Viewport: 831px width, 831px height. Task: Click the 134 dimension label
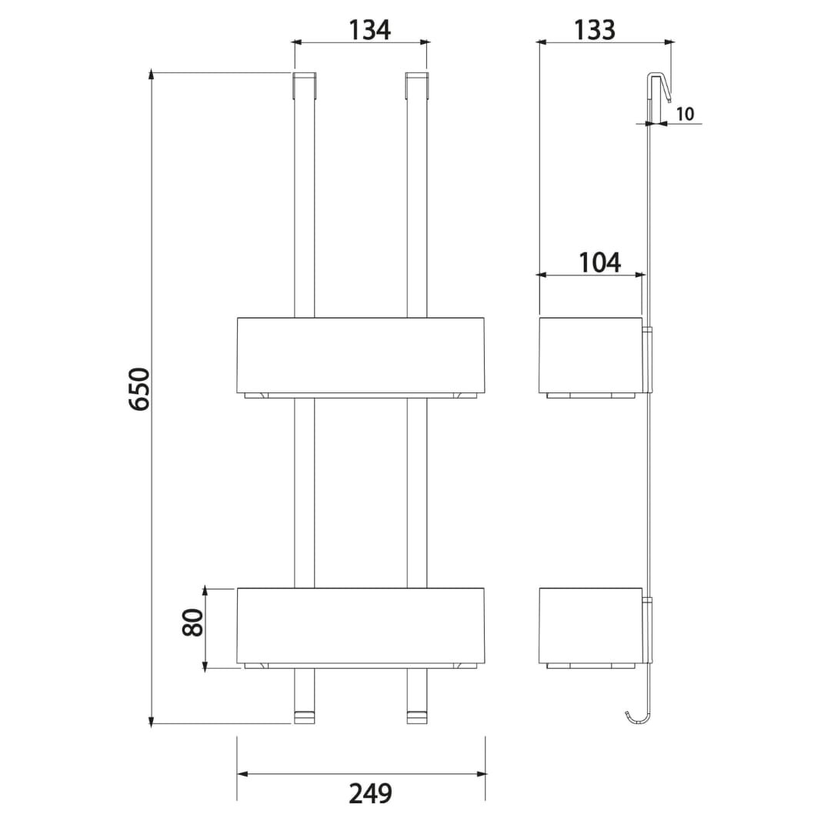click(x=369, y=30)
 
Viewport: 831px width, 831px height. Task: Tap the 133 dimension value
click(x=594, y=30)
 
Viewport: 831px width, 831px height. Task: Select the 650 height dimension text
click(x=140, y=389)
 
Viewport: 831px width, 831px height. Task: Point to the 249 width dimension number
click(x=370, y=793)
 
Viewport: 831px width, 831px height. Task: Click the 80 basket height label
click(x=192, y=622)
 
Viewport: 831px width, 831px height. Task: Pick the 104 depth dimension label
click(x=599, y=262)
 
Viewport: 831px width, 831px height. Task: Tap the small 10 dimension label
click(x=685, y=113)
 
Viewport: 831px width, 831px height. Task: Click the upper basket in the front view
click(x=361, y=358)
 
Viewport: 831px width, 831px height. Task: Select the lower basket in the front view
click(x=361, y=628)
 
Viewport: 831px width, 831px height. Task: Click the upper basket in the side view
click(x=591, y=358)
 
